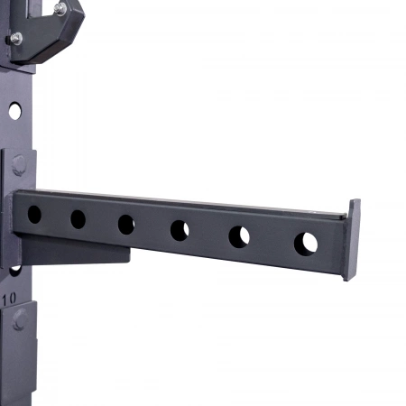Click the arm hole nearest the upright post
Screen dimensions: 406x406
coord(34,215)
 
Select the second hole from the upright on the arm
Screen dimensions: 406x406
coord(78,219)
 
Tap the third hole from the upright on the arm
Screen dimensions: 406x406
coord(126,225)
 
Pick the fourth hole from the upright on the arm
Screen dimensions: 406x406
coord(180,230)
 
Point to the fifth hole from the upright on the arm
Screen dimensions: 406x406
coord(239,237)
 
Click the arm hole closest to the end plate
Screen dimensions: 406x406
coord(306,244)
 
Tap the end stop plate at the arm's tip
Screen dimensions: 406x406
coord(352,240)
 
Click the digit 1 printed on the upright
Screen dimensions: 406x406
coord(5,299)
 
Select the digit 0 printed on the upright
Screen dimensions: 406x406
coord(13,298)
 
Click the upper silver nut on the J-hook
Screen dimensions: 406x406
coord(60,8)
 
